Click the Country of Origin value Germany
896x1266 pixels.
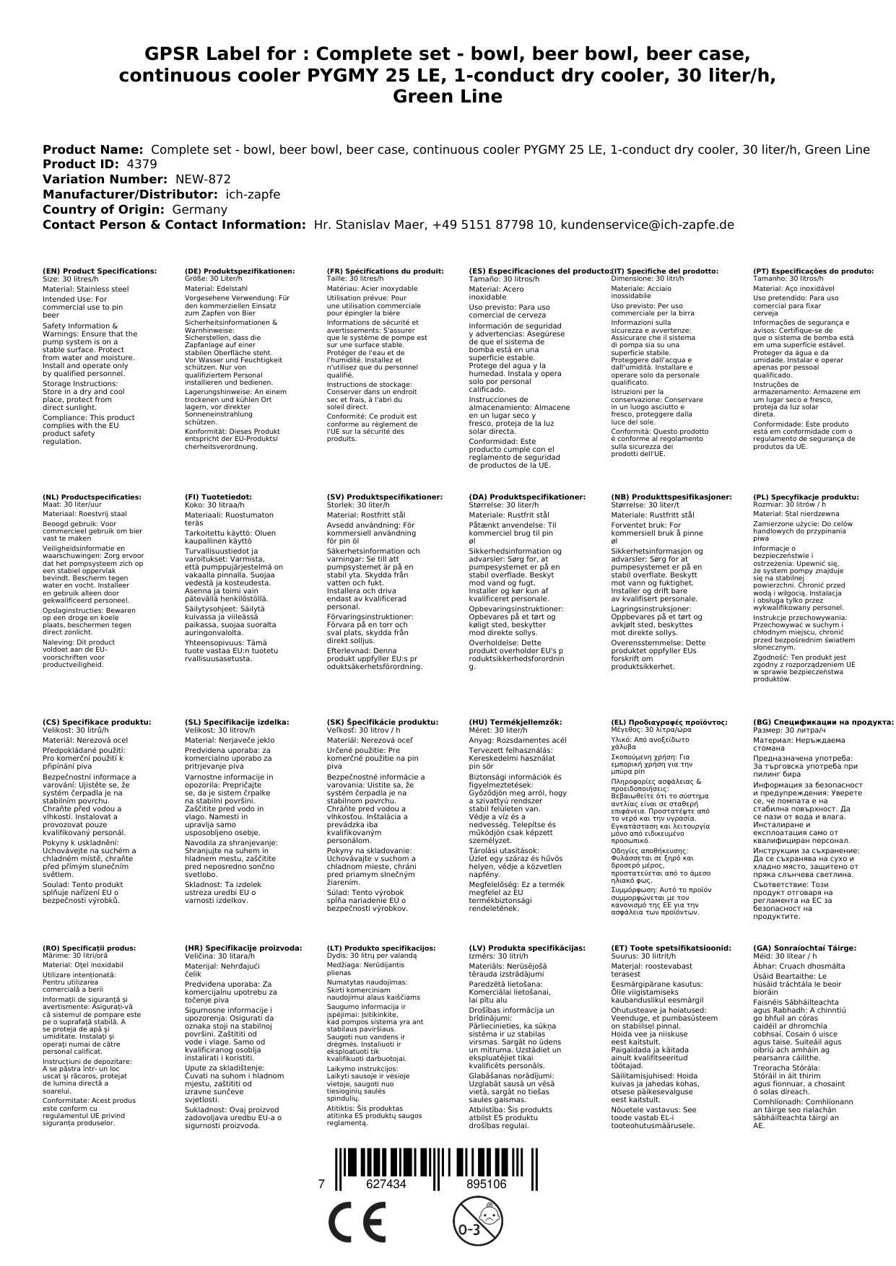pyautogui.click(x=199, y=209)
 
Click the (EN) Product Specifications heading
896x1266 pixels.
pyautogui.click(x=100, y=271)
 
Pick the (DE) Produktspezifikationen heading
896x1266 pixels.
pyautogui.click(x=240, y=271)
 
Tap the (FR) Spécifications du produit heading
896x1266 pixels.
pyautogui.click(x=385, y=271)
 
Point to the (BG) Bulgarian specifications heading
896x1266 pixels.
pyautogui.click(x=823, y=722)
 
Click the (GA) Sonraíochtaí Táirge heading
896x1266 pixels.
pyautogui.click(x=804, y=948)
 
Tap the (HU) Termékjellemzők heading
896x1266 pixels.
pyautogui.click(x=515, y=722)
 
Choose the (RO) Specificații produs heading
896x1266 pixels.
pyautogui.click(x=89, y=948)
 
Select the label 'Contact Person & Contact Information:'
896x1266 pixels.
pyautogui.click(x=175, y=224)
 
